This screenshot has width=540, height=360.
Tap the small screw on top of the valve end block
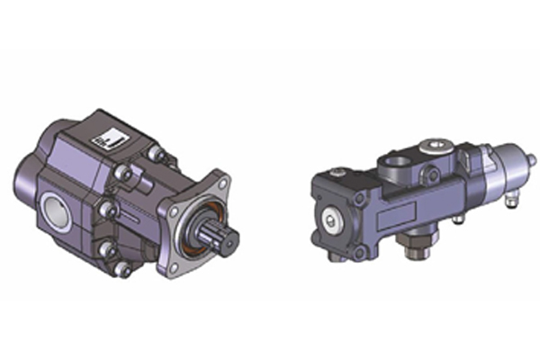337,172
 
